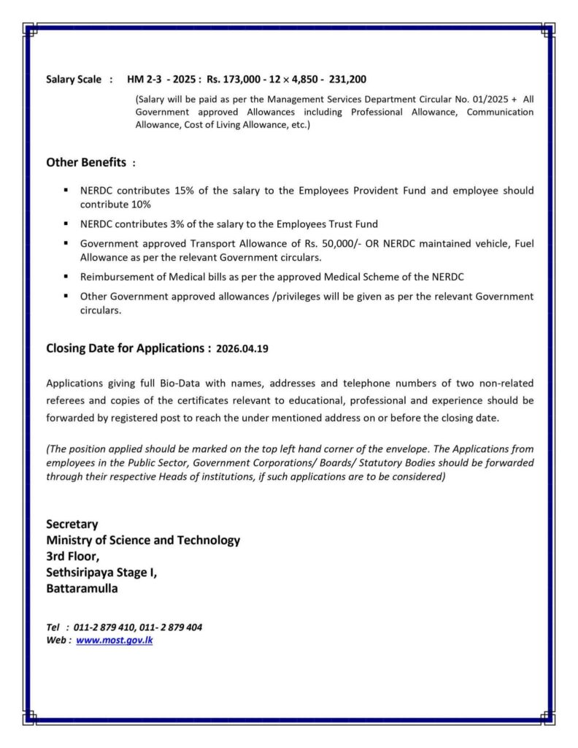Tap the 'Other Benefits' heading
(x=86, y=162)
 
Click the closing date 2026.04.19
(x=242, y=349)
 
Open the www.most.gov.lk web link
(x=115, y=640)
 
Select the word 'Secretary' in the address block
(x=72, y=524)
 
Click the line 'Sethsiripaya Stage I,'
(x=101, y=572)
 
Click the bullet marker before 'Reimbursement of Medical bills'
(x=66, y=277)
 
